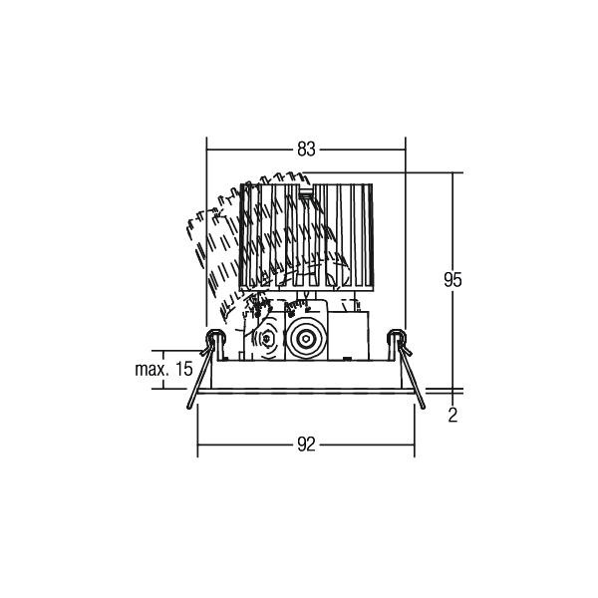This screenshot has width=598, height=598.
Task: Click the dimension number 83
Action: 306,149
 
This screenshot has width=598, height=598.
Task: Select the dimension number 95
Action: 452,280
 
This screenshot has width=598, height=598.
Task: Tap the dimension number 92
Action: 306,445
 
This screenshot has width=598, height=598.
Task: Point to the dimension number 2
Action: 452,416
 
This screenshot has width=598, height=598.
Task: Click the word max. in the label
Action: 151,369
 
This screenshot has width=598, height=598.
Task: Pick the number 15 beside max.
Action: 183,369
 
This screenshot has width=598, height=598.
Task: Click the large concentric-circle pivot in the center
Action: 306,338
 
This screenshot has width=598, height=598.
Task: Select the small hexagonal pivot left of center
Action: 266,338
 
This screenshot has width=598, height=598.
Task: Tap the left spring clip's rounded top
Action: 214,335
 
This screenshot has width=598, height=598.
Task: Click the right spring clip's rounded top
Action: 397,335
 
